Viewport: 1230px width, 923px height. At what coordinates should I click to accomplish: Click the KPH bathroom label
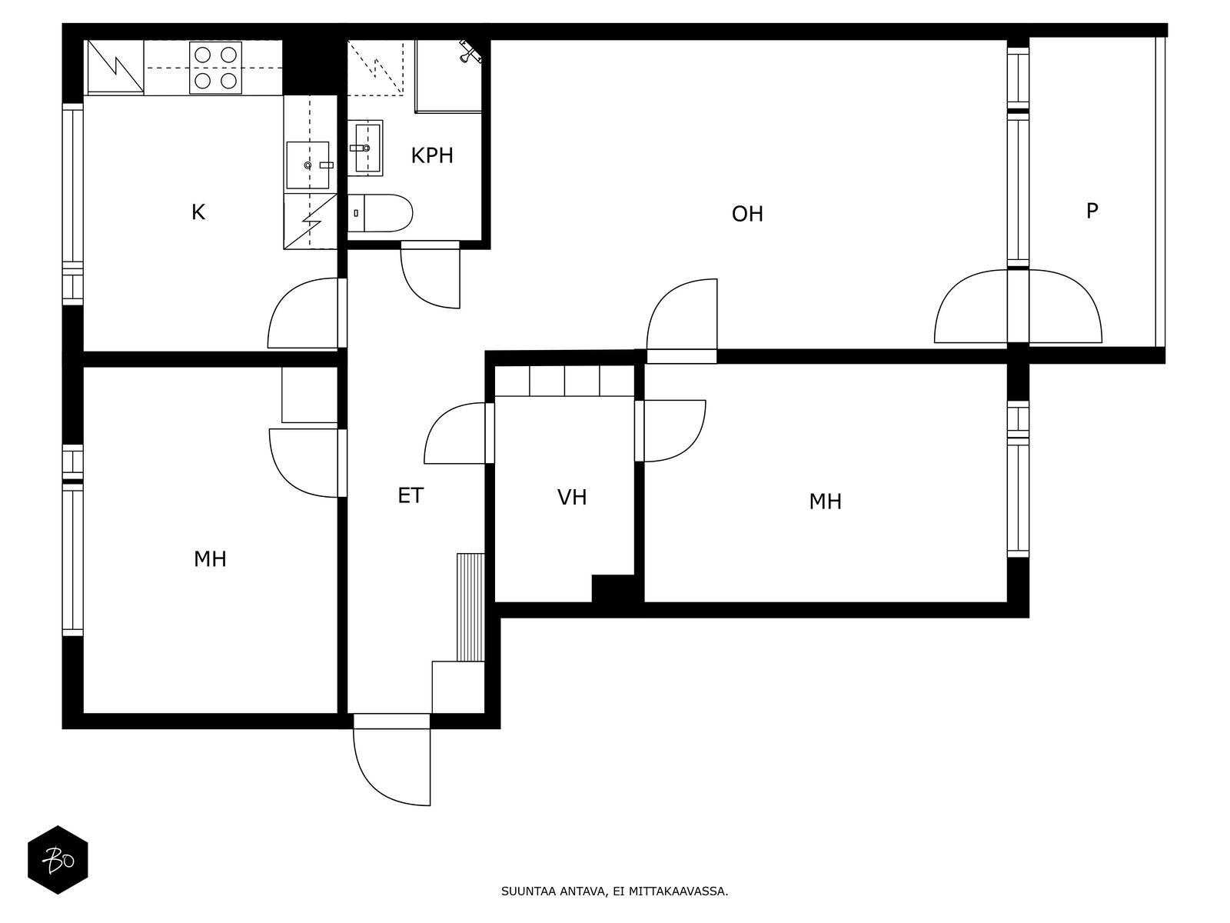coord(431,155)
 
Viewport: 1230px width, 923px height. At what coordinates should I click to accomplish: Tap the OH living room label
coord(747,214)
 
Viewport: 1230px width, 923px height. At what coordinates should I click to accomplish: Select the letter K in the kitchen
coord(198,212)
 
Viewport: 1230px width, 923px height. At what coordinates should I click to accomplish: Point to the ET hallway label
coord(411,495)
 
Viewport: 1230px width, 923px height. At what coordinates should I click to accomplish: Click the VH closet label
coord(572,497)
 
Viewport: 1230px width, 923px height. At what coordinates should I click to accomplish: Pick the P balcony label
coord(1092,211)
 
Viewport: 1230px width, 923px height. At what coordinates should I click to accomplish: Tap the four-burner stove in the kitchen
coord(215,67)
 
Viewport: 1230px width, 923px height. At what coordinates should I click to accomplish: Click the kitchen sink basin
coord(307,165)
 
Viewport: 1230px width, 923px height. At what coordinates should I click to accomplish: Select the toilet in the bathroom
coord(380,213)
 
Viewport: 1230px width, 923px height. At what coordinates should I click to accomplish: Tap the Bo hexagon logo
coord(58,860)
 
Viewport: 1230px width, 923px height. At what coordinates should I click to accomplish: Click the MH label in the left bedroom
coord(210,558)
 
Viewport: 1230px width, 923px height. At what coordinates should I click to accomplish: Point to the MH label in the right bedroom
coord(825,501)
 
